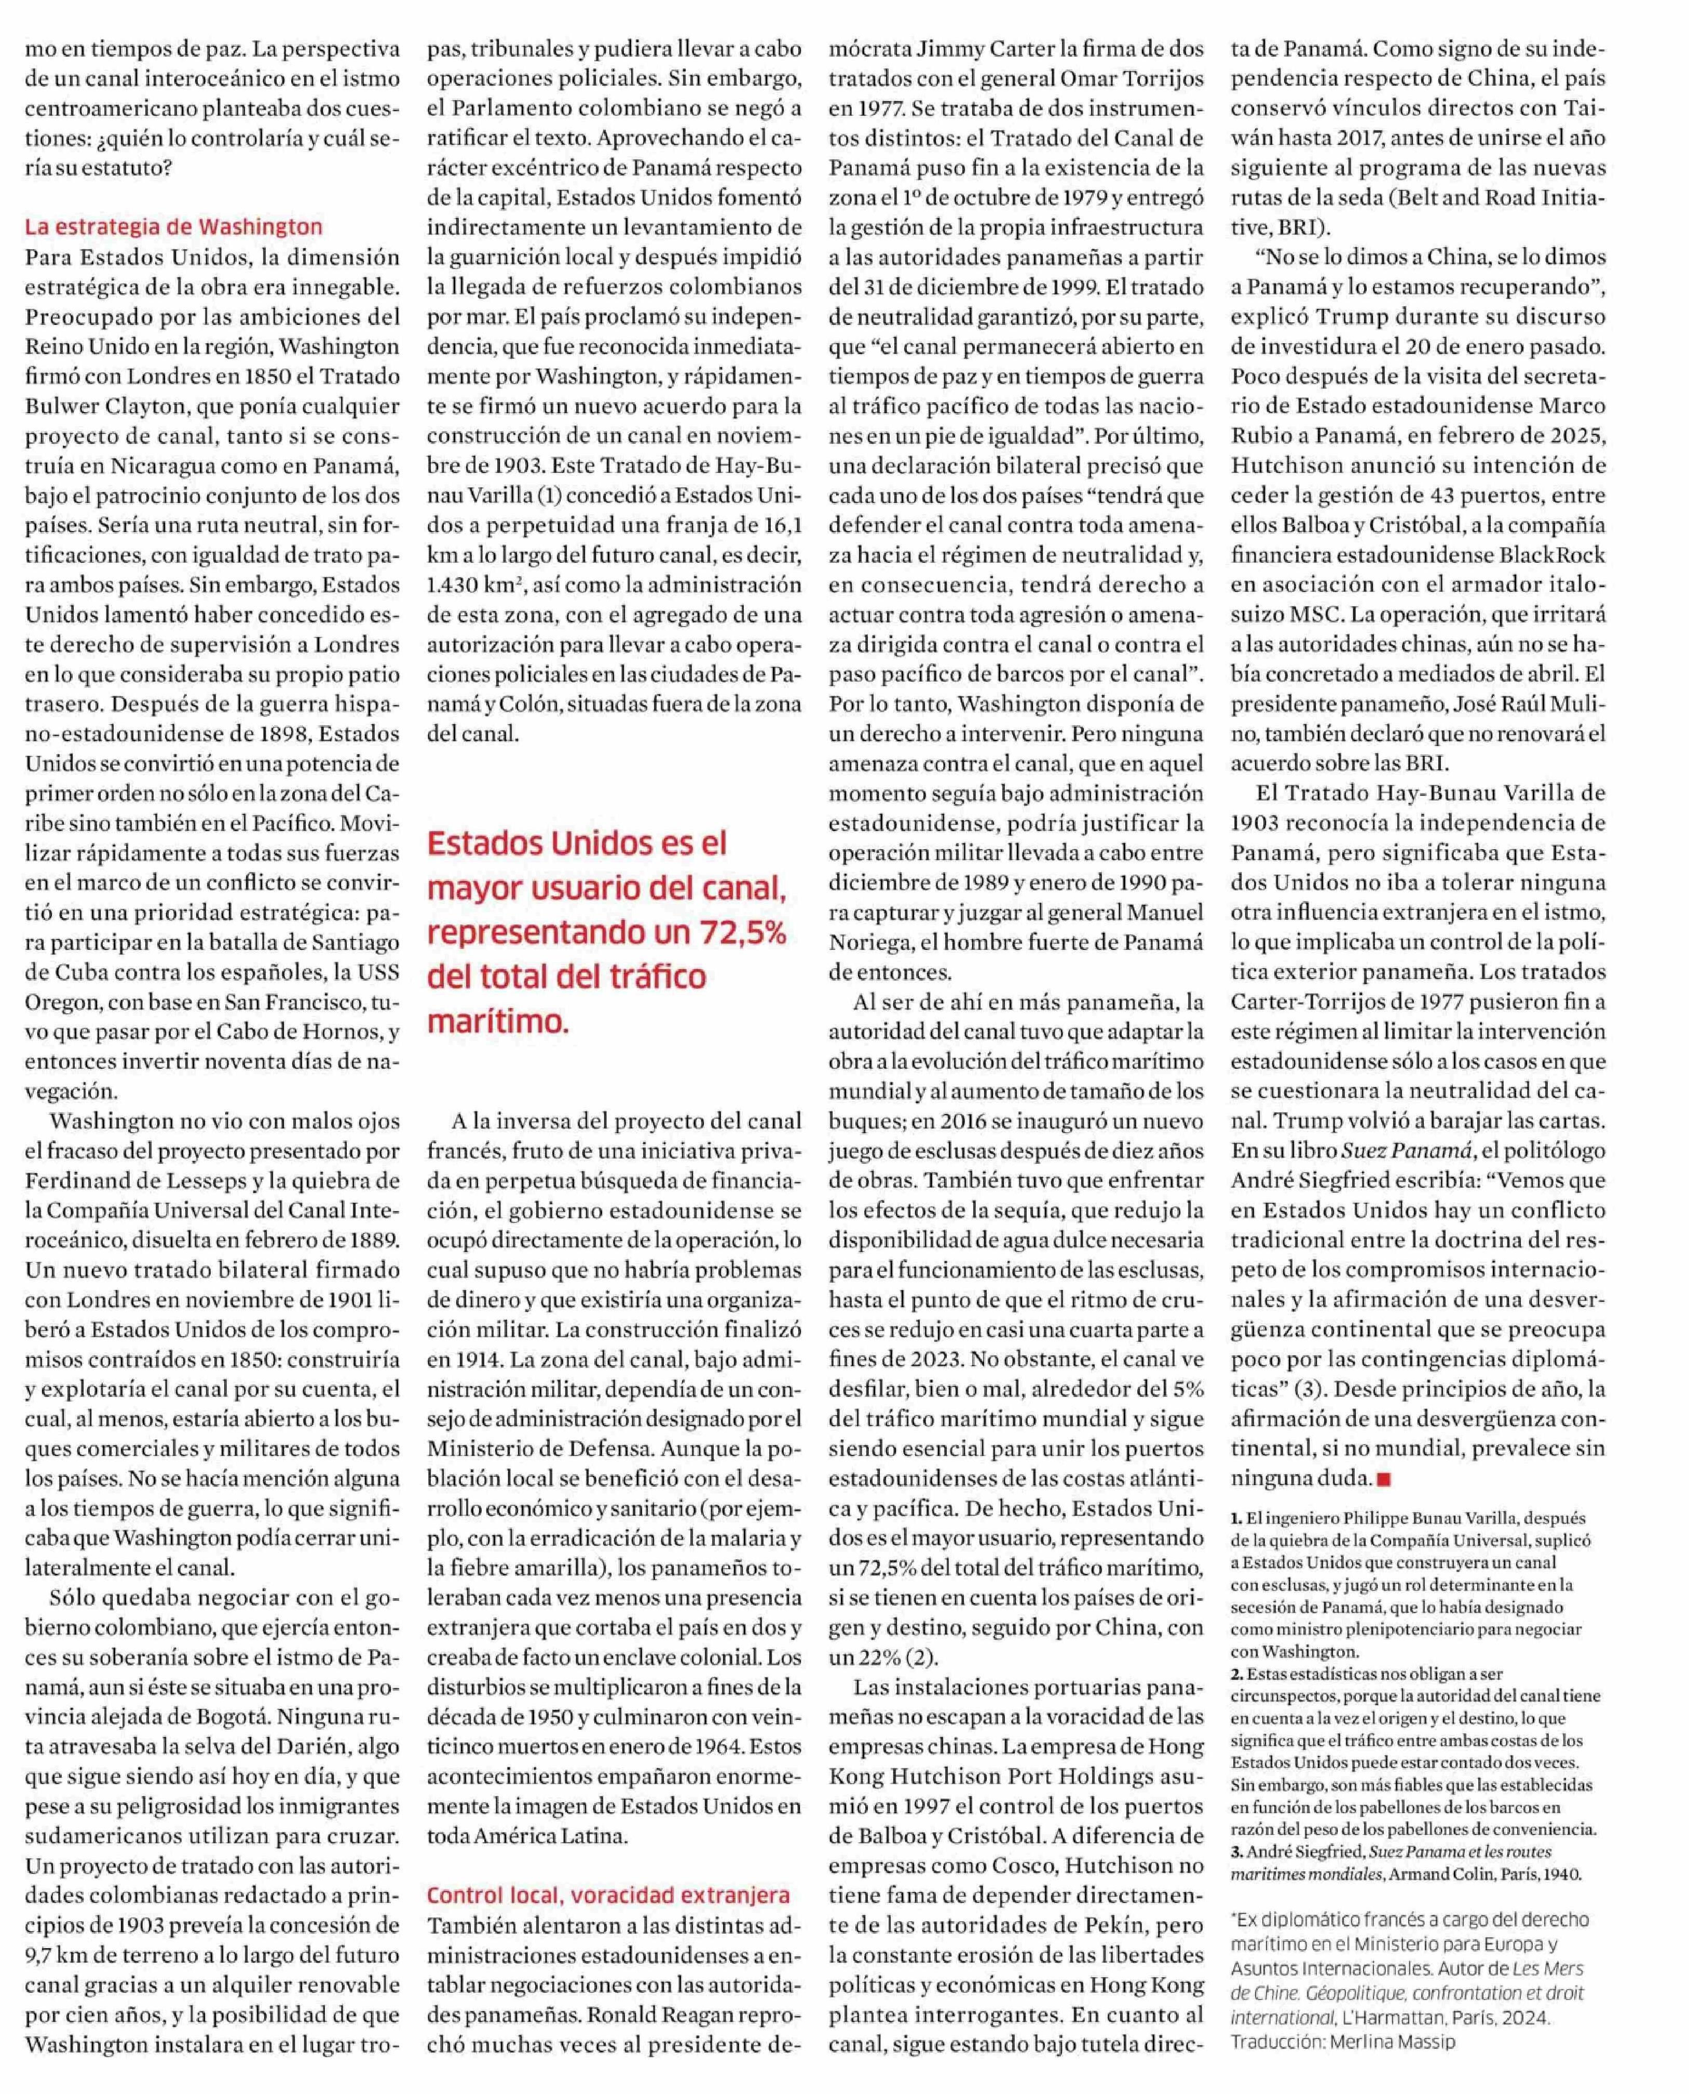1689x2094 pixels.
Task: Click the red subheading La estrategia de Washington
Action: point(173,227)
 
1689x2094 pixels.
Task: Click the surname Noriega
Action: point(874,942)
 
